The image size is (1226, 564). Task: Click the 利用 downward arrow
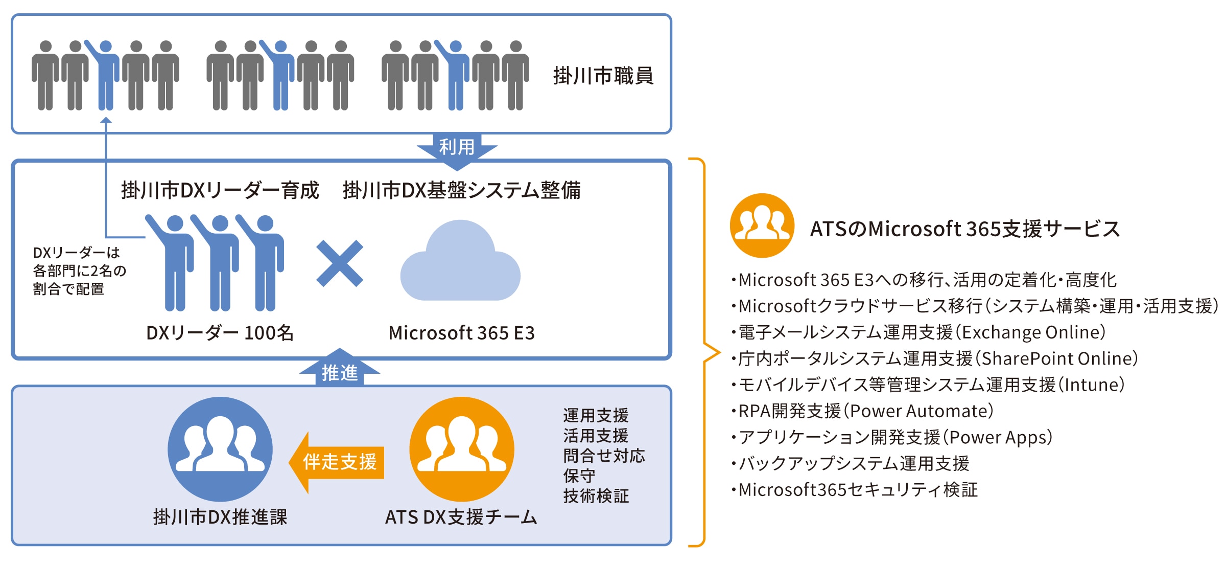coord(457,149)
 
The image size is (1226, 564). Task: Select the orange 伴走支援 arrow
coord(338,462)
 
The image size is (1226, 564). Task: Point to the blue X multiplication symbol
coord(340,264)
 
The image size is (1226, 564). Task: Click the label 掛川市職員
coord(603,76)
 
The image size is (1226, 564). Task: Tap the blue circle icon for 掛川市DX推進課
coord(220,449)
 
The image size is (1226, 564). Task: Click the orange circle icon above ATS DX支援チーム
coord(462,449)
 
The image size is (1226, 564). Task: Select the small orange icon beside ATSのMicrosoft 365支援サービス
coord(762,225)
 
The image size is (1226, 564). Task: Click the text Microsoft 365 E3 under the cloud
coord(461,333)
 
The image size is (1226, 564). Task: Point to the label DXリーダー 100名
coord(220,333)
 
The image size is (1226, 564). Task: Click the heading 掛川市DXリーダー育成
coord(220,190)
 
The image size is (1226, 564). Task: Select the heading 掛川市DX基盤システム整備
coord(461,190)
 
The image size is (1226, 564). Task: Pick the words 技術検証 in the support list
coord(596,496)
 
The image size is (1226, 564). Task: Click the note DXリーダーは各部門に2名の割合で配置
coord(79,271)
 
